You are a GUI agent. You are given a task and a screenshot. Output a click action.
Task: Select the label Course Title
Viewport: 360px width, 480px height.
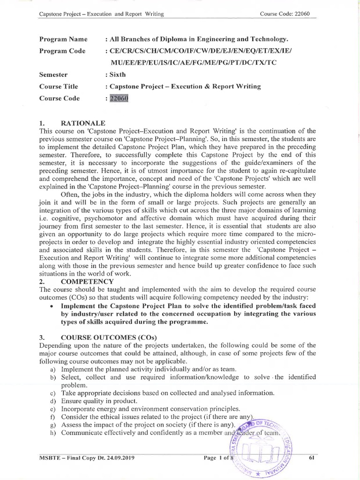point(59,86)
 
